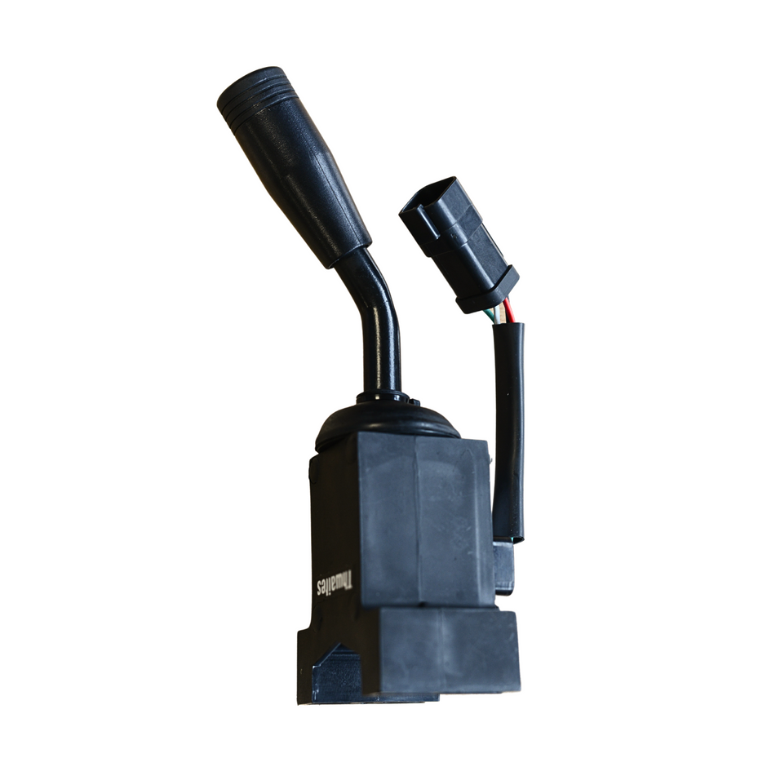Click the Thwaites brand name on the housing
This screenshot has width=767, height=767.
coord(335,582)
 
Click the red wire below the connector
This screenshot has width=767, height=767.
coord(509,311)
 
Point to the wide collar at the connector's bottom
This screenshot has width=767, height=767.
coord(487,290)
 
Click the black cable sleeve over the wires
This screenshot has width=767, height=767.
coord(509,424)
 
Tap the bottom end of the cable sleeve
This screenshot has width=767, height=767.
coord(508,534)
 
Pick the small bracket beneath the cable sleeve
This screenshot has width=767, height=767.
coord(503,567)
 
